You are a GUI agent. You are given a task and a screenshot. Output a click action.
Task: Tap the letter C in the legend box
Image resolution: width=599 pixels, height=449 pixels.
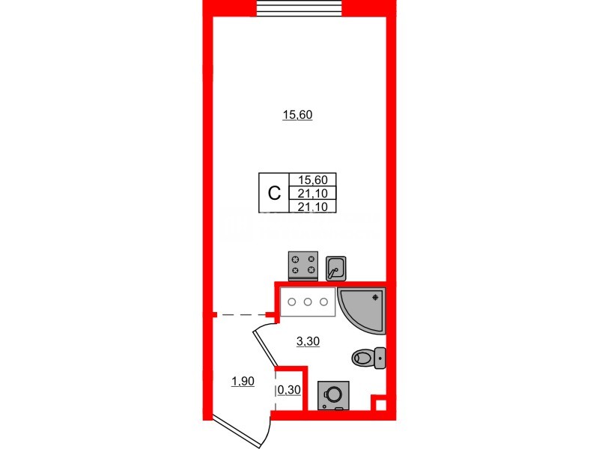pyautogui.click(x=274, y=192)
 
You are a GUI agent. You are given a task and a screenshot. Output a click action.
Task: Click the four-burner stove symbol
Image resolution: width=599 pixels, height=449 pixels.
pyautogui.click(x=302, y=265)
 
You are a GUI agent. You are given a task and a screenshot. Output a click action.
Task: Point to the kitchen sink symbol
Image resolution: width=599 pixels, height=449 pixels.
pyautogui.click(x=336, y=266)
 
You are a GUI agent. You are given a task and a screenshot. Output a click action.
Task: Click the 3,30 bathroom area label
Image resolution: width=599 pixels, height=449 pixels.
pyautogui.click(x=308, y=341)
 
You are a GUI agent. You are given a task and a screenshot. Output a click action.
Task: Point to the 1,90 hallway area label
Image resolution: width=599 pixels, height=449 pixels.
pyautogui.click(x=242, y=382)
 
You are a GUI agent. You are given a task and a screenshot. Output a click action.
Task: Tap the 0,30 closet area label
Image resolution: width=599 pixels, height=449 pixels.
pyautogui.click(x=289, y=390)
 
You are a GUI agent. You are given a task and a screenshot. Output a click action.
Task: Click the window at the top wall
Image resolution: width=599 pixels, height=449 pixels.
pyautogui.click(x=299, y=7)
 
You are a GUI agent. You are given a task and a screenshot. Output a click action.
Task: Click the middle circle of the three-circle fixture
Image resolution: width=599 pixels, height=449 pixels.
pyautogui.click(x=308, y=302)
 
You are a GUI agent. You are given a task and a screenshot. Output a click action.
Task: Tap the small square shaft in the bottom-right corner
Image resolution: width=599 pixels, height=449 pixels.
pyautogui.click(x=380, y=406)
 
